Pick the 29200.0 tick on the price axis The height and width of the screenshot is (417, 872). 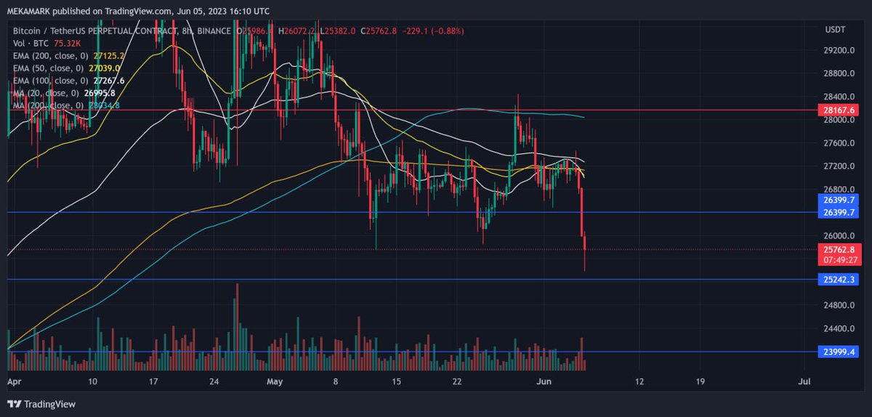click(x=838, y=51)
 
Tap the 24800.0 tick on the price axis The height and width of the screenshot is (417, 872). click(x=838, y=305)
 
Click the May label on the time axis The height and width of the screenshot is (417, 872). click(x=274, y=381)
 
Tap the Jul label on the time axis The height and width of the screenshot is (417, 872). click(x=804, y=381)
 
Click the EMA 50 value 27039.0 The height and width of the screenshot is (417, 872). click(x=104, y=68)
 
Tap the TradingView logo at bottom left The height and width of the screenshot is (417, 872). click(x=42, y=404)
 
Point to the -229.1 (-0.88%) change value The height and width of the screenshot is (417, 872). click(x=433, y=31)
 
